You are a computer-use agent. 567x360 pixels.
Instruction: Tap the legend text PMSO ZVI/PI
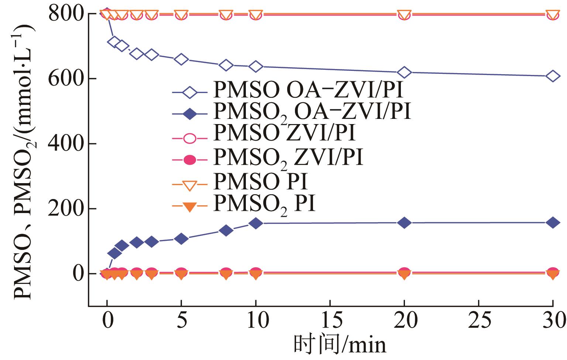click(x=284, y=134)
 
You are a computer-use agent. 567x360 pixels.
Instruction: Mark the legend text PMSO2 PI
click(x=264, y=204)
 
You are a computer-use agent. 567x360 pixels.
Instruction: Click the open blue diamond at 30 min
click(x=553, y=76)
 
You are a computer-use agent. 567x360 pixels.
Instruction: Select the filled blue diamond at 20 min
click(x=404, y=223)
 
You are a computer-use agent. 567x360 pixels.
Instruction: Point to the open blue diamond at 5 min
click(x=181, y=59)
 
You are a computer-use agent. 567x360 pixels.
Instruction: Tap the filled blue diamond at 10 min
click(x=256, y=223)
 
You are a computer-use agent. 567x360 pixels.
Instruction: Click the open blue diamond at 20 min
click(x=404, y=72)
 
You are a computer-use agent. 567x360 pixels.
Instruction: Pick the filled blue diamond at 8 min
click(x=226, y=230)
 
